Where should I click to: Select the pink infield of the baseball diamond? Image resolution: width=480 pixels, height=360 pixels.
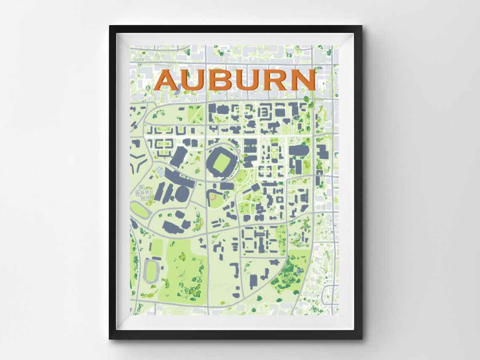click(213, 196)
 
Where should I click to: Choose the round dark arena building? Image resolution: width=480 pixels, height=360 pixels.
click(182, 193)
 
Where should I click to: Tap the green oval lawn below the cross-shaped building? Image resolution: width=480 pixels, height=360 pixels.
click(139, 209)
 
